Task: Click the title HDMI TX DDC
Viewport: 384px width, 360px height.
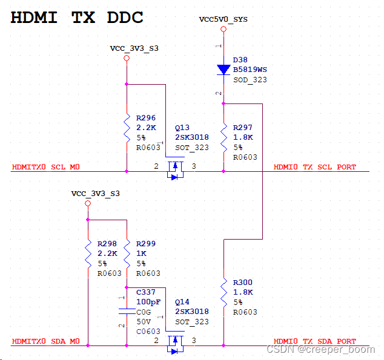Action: click(77, 18)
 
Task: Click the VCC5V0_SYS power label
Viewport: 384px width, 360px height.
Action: click(223, 19)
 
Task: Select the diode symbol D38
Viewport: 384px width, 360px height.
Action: click(223, 70)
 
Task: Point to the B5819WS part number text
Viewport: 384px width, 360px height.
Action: click(250, 70)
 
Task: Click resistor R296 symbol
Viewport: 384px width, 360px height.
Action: click(127, 128)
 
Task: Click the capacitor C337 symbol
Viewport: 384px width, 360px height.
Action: click(127, 311)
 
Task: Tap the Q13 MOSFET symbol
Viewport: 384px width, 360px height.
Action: click(175, 168)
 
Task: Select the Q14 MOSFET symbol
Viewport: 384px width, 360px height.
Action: click(175, 342)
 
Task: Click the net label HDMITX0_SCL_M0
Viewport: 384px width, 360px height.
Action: click(46, 167)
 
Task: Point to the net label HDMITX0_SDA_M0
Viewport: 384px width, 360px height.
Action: click(46, 341)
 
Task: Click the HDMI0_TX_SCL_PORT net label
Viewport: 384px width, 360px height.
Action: click(314, 167)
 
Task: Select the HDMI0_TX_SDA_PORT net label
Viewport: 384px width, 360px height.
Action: click(314, 341)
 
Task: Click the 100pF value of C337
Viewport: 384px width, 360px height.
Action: click(148, 302)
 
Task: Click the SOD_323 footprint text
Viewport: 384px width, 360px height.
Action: click(250, 79)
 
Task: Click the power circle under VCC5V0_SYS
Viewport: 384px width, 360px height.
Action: click(223, 29)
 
